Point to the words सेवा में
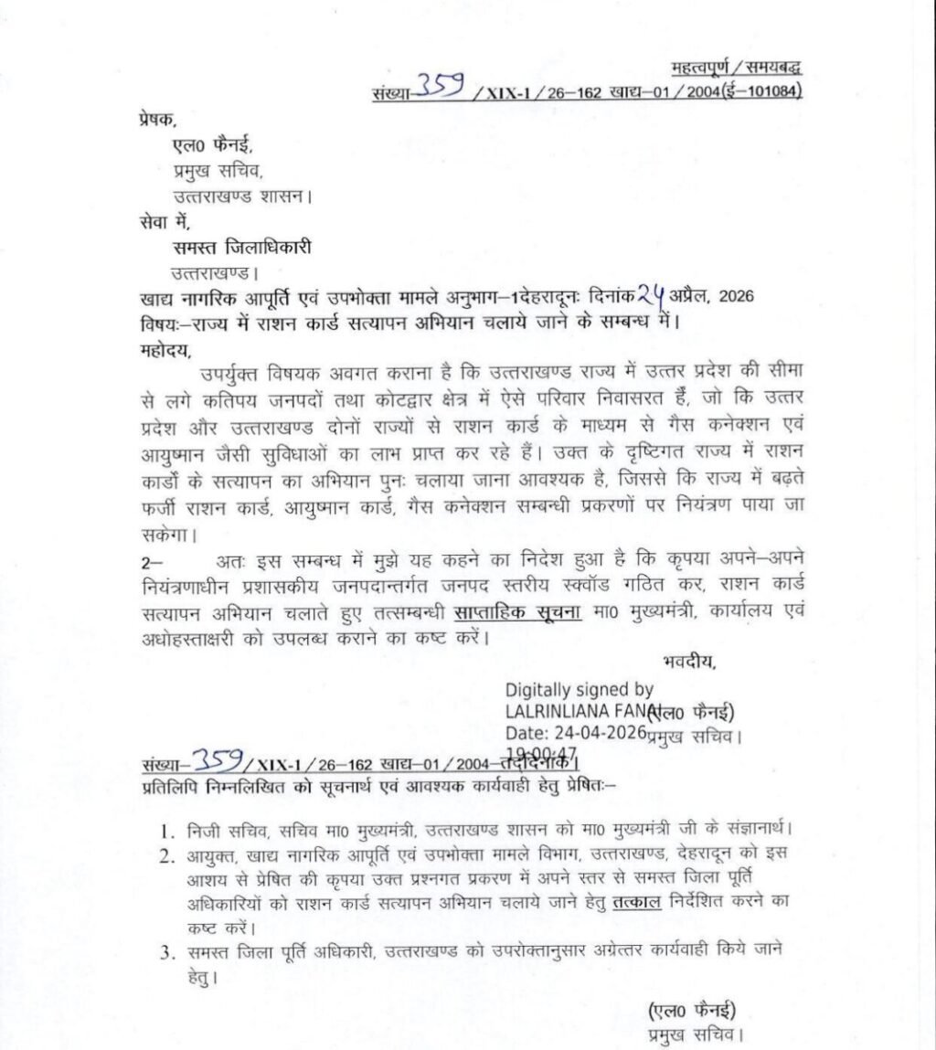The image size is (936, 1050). point(151,219)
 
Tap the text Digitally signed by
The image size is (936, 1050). point(579,691)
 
